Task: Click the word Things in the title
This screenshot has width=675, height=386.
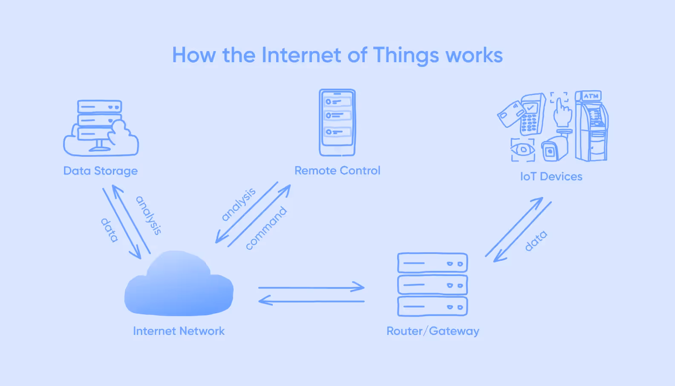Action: [x=406, y=55]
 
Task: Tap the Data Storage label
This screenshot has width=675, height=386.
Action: [x=101, y=171]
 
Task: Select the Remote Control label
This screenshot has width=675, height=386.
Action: [x=337, y=170]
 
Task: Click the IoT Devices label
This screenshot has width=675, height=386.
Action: [x=551, y=176]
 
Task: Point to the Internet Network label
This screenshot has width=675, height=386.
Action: [x=179, y=331]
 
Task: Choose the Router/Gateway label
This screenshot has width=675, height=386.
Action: [x=433, y=331]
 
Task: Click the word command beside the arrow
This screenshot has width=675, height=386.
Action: [x=266, y=228]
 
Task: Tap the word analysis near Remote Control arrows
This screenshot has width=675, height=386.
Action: [x=239, y=204]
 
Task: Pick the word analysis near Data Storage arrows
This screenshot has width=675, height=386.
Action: [x=149, y=215]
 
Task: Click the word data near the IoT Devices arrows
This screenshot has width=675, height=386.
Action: [x=536, y=241]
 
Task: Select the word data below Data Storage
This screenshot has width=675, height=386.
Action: [x=109, y=230]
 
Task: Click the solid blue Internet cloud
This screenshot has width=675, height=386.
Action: [x=179, y=285]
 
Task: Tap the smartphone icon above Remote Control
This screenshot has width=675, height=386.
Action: [x=337, y=123]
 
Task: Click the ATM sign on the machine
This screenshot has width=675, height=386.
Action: [x=591, y=96]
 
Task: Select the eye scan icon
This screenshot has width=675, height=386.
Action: [x=522, y=150]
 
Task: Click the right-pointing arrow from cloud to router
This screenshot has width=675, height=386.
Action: [x=312, y=288]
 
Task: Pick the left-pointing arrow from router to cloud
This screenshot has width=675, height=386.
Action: [x=312, y=301]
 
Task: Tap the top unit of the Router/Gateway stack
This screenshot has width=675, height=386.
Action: [x=433, y=263]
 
